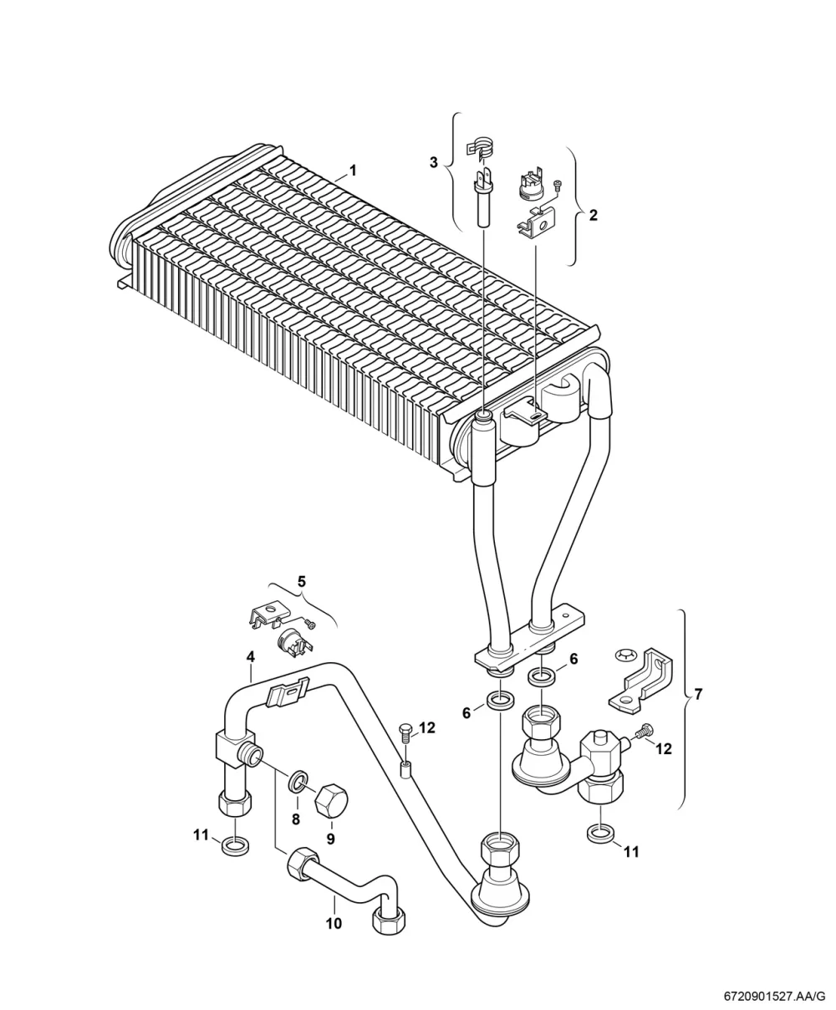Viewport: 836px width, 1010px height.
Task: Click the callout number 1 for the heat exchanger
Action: point(353,171)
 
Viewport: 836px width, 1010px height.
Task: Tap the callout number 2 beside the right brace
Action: point(593,215)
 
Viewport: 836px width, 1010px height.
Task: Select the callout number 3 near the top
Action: point(434,162)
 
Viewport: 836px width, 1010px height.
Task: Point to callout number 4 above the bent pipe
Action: point(250,657)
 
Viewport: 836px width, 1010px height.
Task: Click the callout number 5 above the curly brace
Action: point(302,581)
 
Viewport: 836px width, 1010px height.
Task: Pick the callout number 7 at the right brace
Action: point(697,694)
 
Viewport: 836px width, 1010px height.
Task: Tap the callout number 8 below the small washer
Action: point(296,819)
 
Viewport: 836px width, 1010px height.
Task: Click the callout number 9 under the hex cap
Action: point(330,839)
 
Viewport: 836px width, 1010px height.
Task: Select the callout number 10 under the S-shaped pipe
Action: point(334,923)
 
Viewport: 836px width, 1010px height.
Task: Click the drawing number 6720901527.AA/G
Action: point(775,997)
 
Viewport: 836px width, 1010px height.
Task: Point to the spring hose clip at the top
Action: point(479,146)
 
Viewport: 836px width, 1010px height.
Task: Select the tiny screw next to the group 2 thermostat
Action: point(558,186)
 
